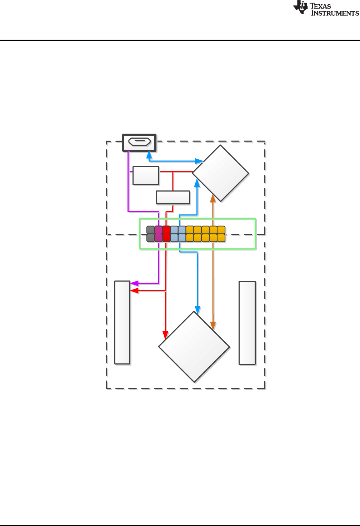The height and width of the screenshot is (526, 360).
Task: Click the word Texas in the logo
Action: [320, 6]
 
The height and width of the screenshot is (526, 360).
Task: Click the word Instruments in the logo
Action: [335, 13]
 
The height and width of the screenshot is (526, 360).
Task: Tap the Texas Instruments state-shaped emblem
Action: [301, 8]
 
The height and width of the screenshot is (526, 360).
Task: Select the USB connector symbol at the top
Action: [139, 142]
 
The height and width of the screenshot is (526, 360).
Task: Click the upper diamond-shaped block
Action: [220, 173]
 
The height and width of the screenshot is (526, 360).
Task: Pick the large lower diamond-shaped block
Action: [194, 347]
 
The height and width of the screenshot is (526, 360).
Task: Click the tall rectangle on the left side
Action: [122, 322]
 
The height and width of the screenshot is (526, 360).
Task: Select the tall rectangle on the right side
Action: [247, 323]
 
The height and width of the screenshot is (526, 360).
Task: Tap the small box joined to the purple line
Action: [146, 175]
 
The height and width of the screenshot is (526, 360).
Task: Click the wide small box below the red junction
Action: [173, 198]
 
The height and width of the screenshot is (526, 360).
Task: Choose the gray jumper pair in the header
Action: [151, 234]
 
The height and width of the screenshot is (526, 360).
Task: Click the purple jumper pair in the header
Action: [159, 234]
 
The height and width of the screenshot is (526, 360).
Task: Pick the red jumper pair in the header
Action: [166, 234]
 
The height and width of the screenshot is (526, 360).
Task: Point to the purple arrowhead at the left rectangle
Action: [134, 283]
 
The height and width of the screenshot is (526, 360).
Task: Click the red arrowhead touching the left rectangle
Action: [134, 291]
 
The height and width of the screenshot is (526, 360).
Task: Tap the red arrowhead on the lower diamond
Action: [165, 335]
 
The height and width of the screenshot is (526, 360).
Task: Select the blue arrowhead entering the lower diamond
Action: [197, 310]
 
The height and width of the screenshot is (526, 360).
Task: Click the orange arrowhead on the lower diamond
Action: [213, 325]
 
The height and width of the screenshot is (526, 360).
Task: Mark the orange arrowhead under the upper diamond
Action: [213, 198]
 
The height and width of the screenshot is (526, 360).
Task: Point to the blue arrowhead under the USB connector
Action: [149, 155]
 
